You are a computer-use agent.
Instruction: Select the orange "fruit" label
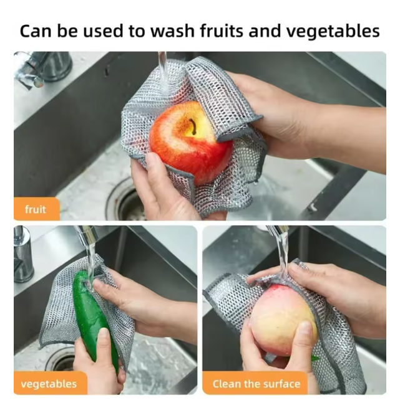click(x=36, y=209)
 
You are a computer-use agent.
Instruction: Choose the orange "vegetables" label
click(x=48, y=383)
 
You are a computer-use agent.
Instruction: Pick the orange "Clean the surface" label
click(x=255, y=383)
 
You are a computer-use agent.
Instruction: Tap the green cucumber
click(x=93, y=318)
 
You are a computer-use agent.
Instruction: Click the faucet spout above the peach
click(x=277, y=234)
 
